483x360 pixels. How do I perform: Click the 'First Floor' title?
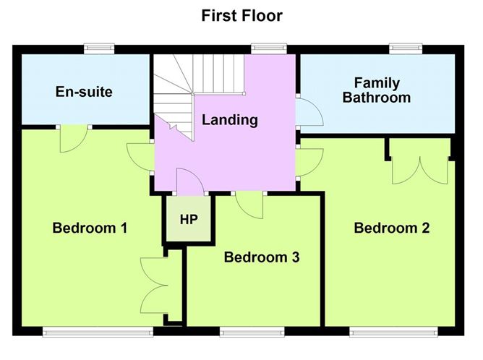(241, 15)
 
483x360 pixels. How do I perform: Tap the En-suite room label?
(84, 92)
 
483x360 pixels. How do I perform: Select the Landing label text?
(230, 120)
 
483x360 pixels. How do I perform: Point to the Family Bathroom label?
(377, 90)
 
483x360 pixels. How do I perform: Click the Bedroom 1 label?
(90, 228)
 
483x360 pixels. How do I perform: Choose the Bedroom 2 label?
(391, 228)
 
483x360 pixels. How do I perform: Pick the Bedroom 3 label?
(262, 257)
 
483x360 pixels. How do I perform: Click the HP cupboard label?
(188, 218)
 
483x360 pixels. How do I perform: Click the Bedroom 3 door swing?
(250, 205)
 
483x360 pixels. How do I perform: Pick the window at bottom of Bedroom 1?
(98, 332)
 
